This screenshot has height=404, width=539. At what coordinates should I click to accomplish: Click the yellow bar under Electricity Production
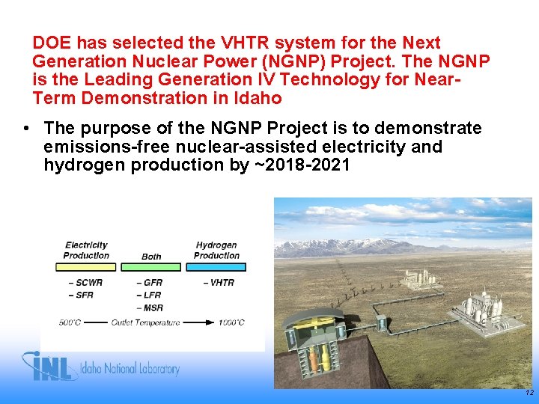click(x=86, y=266)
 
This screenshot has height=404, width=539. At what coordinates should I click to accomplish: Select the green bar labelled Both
click(x=151, y=266)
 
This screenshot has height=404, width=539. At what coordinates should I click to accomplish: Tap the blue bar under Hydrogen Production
click(x=216, y=266)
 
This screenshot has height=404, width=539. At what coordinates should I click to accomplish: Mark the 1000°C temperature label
click(x=231, y=323)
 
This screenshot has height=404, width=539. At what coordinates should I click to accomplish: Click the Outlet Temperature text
click(x=145, y=323)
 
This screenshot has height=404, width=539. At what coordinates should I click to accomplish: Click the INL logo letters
click(x=52, y=367)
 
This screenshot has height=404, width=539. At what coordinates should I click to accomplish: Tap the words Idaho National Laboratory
click(x=133, y=369)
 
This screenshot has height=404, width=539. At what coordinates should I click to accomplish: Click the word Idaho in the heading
click(x=259, y=98)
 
